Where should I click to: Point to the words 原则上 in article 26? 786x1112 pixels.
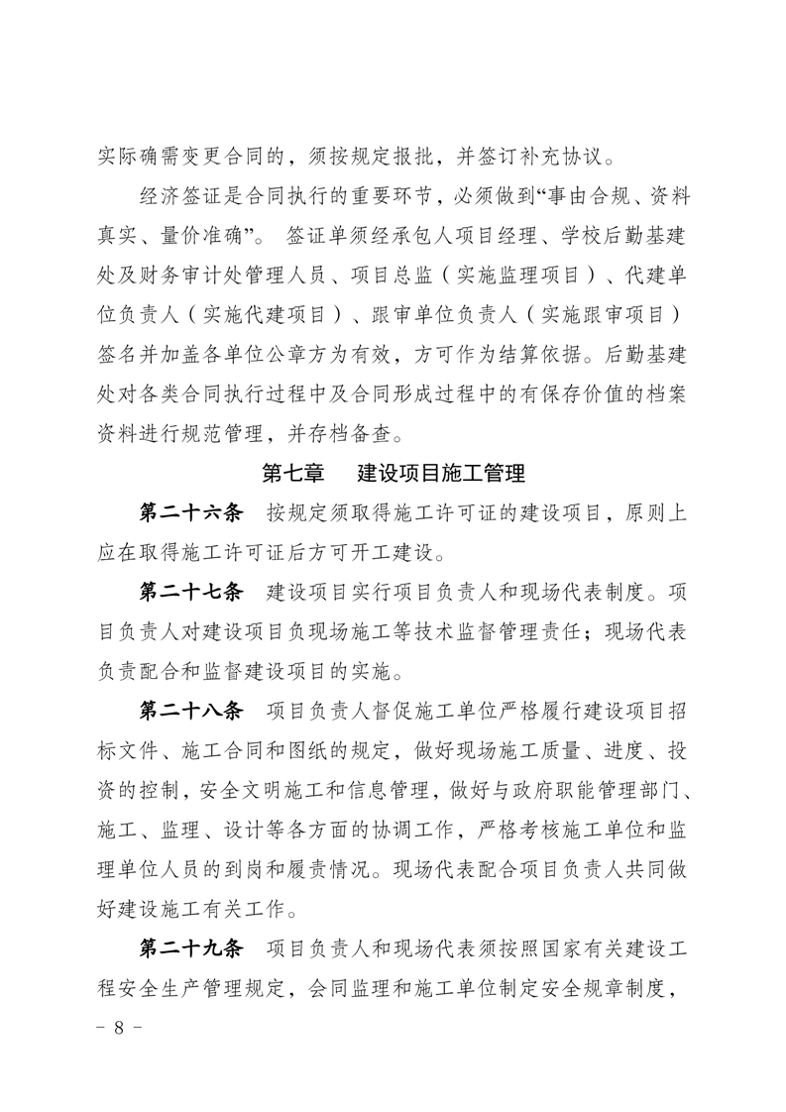point(658,512)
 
